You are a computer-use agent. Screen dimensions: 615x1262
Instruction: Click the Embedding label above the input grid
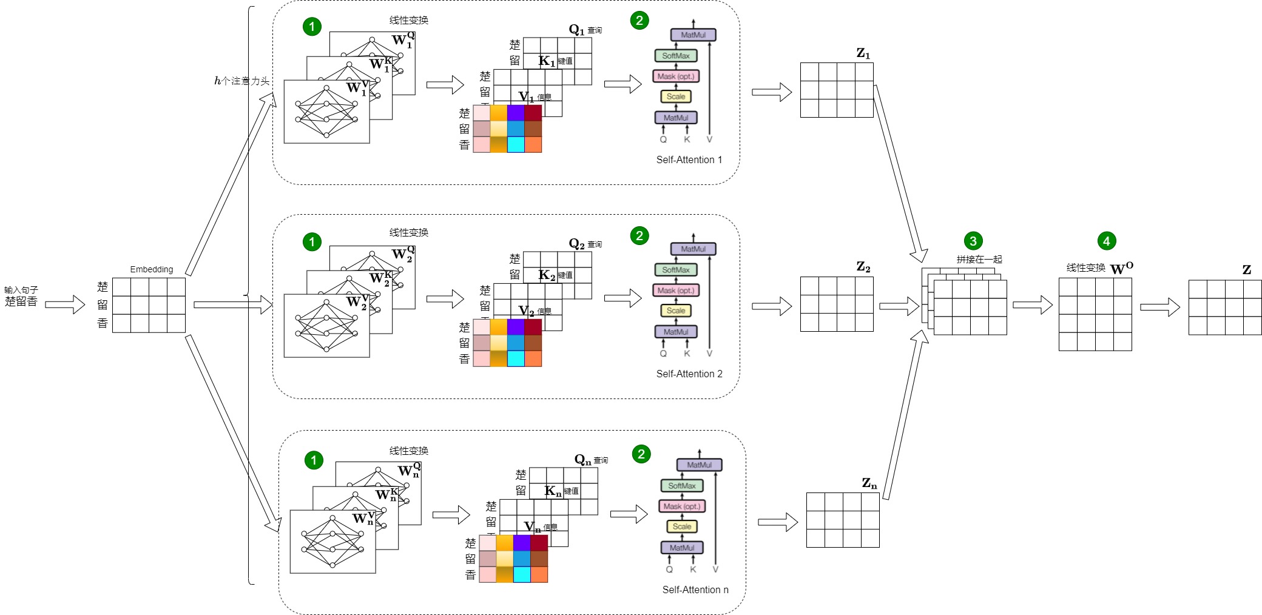click(x=151, y=269)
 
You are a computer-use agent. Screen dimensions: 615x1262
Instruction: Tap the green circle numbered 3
click(x=973, y=241)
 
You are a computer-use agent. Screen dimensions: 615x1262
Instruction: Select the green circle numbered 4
click(x=1106, y=241)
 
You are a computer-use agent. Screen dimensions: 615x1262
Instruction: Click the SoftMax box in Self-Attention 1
click(x=676, y=56)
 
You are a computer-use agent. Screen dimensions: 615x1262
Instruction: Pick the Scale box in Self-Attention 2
click(x=676, y=311)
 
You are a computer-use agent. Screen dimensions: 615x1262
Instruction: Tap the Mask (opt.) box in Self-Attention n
click(x=682, y=506)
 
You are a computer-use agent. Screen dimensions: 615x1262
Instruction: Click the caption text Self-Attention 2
click(x=689, y=374)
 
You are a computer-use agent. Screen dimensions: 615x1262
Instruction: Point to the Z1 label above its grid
click(x=863, y=53)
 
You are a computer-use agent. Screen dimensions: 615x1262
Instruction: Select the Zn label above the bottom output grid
click(x=869, y=483)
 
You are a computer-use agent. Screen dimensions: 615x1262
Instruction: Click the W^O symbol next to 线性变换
click(x=1121, y=268)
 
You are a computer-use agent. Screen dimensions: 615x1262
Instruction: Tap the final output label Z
click(x=1246, y=270)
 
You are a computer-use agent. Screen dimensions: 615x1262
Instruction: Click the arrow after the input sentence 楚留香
click(x=65, y=304)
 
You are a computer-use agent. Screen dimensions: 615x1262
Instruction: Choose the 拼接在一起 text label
click(x=979, y=259)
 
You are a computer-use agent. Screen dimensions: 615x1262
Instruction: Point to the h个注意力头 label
click(x=241, y=81)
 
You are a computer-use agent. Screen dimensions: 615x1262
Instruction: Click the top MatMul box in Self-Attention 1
click(x=693, y=35)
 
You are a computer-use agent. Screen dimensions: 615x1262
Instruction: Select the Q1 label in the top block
click(x=576, y=30)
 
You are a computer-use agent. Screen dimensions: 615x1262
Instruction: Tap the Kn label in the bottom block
click(x=553, y=491)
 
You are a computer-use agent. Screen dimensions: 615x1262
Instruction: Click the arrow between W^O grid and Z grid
click(x=1159, y=307)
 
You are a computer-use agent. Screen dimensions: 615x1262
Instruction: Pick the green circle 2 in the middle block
click(x=639, y=235)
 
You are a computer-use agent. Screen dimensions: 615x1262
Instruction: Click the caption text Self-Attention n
click(x=695, y=590)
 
